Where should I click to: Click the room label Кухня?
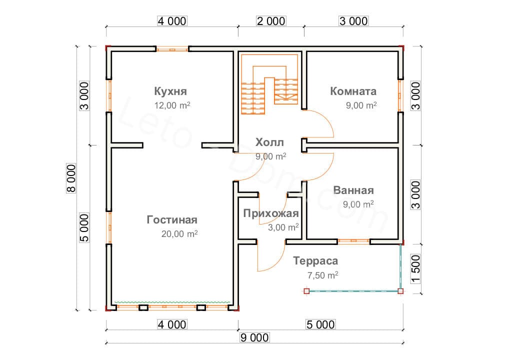[170, 91]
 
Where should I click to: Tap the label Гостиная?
[172, 220]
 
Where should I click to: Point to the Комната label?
[353, 91]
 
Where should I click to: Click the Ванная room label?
[353, 190]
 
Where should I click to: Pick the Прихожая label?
[271, 213]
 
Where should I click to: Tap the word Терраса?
[315, 261]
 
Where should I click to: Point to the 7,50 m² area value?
[322, 274]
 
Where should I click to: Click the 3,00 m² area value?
[283, 227]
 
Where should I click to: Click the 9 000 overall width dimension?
[254, 337]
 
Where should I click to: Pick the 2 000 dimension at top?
[271, 21]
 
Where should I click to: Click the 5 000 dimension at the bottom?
[320, 324]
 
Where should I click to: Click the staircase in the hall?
[270, 85]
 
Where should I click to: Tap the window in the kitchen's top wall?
[171, 49]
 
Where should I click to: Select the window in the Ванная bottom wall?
[353, 241]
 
